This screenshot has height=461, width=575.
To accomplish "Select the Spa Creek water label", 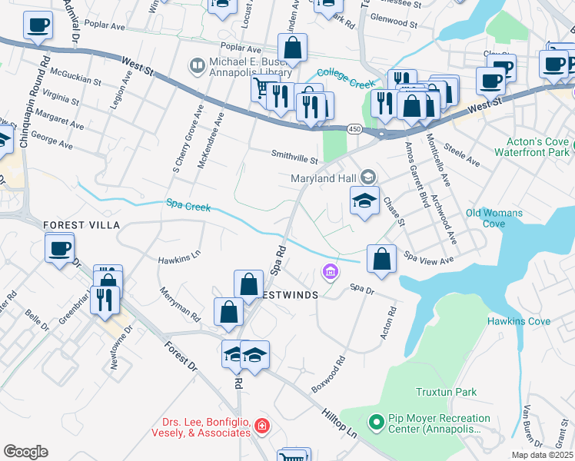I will click(188, 204).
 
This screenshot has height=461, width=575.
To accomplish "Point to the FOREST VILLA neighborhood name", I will click(81, 224).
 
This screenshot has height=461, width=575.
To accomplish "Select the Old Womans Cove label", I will click(494, 218).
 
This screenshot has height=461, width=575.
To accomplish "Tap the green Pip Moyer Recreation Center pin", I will click(376, 422).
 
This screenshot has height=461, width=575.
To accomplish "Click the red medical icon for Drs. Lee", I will click(262, 425).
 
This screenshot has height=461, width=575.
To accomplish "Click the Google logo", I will click(25, 452).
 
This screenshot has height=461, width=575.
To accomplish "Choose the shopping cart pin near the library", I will click(264, 89).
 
